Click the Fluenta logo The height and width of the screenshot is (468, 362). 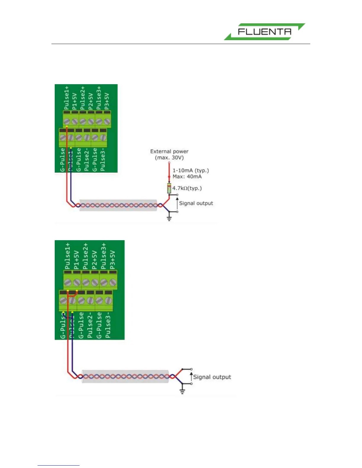point(264,32)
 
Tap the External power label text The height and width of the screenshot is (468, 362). point(169,152)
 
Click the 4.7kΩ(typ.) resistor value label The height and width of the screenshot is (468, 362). point(187,188)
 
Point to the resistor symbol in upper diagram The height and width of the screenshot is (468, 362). point(169,188)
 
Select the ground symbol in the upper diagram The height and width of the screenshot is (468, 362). point(169,219)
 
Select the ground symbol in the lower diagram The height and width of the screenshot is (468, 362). point(182,391)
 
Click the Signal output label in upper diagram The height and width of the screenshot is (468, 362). point(196,203)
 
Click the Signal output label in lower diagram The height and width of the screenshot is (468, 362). point(212,377)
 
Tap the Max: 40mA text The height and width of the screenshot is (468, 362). point(187,177)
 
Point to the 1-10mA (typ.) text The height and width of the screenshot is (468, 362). point(190,170)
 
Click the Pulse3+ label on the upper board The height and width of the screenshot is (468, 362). point(99,97)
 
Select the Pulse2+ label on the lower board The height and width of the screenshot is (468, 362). point(85,256)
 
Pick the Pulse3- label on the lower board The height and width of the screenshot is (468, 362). point(108,324)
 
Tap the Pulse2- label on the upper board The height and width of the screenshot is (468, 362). point(86,160)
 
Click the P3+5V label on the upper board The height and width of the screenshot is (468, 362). point(107,100)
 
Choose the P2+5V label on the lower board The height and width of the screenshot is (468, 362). point(94,259)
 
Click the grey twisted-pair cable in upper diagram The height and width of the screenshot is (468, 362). point(118,205)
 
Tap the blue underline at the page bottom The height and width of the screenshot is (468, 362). point(59,466)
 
